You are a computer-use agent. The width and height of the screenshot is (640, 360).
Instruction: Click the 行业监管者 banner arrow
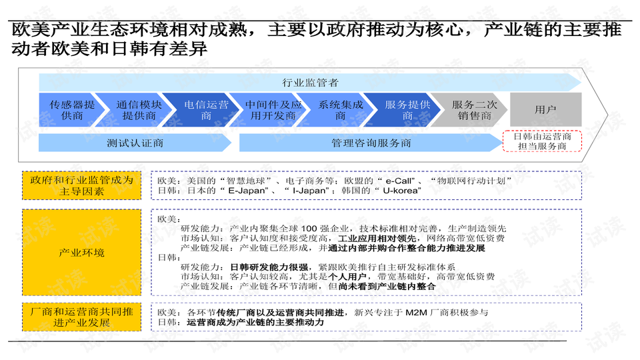[x=310, y=83]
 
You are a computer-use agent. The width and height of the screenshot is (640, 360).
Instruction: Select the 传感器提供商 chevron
[x=72, y=110]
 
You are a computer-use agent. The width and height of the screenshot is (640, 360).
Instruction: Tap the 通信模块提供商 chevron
[x=139, y=110]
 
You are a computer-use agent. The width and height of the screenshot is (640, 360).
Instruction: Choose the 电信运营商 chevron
[x=206, y=110]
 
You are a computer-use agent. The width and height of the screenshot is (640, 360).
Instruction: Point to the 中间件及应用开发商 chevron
[x=273, y=110]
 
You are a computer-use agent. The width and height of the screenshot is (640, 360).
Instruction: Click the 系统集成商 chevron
[x=340, y=110]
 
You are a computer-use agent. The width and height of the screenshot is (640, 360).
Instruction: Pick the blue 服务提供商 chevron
[x=407, y=110]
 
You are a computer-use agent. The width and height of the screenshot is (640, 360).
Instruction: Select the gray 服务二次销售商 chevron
[x=474, y=110]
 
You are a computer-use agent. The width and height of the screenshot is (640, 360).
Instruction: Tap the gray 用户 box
[x=546, y=109]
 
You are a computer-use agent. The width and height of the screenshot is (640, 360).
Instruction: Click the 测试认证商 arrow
[x=135, y=143]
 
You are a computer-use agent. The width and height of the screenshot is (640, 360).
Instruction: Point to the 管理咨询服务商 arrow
[x=371, y=143]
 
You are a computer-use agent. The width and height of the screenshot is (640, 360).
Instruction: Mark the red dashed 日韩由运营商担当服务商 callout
[x=542, y=141]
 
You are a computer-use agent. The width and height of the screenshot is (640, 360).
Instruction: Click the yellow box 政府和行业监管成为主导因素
[x=81, y=186]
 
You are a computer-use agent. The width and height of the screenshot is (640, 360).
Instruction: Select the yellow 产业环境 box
[x=81, y=253]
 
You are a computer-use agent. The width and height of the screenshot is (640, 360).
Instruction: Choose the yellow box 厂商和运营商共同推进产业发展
[x=81, y=317]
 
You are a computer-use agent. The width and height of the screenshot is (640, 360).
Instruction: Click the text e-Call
[x=398, y=181]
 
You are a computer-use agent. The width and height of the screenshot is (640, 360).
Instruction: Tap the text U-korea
[x=400, y=191]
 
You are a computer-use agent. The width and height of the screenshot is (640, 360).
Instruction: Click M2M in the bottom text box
[x=416, y=313]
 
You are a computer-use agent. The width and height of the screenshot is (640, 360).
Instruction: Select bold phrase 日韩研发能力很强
[x=269, y=267]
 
